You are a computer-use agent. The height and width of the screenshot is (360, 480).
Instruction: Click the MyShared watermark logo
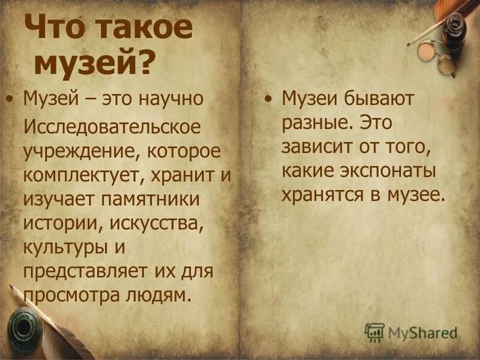pos(412,332)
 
